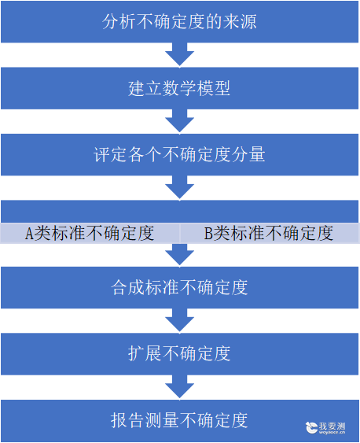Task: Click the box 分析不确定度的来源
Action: tap(180, 22)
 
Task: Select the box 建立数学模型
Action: tap(180, 88)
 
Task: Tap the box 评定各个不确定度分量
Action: tap(180, 154)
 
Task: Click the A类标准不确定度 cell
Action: tap(90, 233)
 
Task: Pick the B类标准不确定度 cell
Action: tap(270, 233)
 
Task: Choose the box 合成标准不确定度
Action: tap(180, 287)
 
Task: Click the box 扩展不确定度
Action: tap(180, 354)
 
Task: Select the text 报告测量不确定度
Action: tap(179, 420)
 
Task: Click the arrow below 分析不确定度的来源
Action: tap(180, 55)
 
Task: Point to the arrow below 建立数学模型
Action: tap(180, 121)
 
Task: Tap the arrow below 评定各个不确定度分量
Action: tap(180, 187)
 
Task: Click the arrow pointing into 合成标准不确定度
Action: tap(180, 255)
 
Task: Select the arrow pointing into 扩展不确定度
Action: tap(180, 320)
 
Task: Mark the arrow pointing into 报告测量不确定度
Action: tap(180, 387)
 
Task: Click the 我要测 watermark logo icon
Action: tap(311, 427)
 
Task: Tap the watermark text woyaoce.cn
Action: tap(332, 432)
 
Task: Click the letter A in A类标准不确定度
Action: tap(29, 234)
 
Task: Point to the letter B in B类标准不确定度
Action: tap(208, 234)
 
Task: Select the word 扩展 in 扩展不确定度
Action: tap(145, 354)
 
